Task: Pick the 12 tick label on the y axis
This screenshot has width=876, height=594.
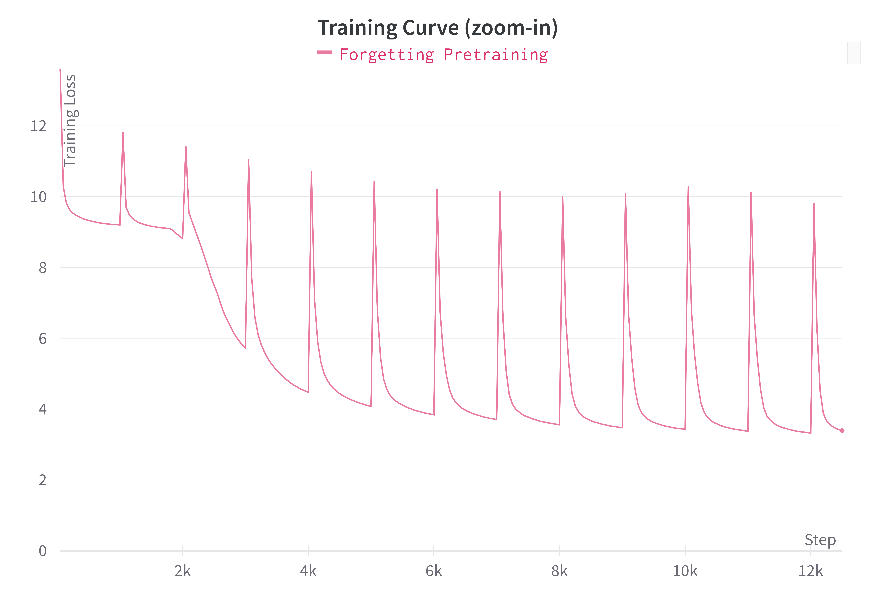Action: [x=38, y=126]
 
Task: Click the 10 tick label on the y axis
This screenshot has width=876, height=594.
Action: [x=38, y=197]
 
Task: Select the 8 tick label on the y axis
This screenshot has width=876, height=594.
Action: [x=43, y=268]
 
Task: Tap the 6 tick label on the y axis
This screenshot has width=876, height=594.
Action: [x=43, y=338]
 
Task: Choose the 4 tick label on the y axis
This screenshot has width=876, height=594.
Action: [x=43, y=409]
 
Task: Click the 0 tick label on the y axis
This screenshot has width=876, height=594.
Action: [x=43, y=551]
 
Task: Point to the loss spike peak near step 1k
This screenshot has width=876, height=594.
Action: [x=123, y=133]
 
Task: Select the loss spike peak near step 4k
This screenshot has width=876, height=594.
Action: [x=311, y=172]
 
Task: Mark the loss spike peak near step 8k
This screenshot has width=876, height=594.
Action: [x=562, y=197]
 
